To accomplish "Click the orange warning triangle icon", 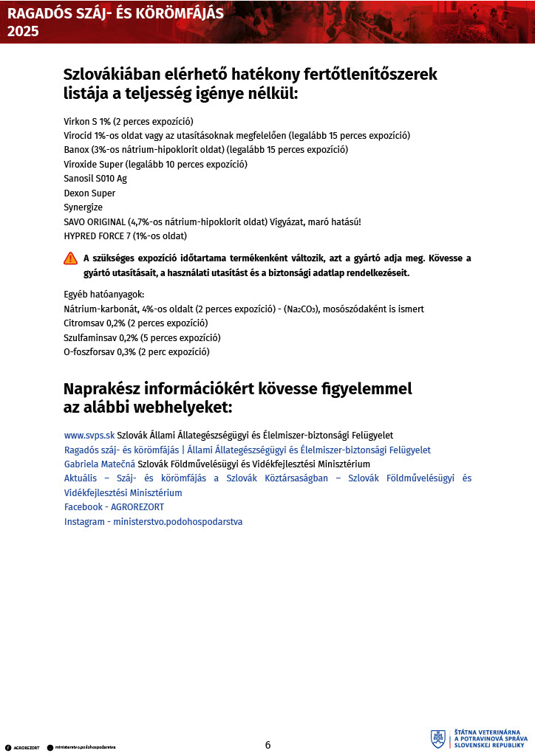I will tap(70, 258).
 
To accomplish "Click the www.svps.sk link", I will tap(89, 436).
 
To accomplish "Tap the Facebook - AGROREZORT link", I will tap(114, 507).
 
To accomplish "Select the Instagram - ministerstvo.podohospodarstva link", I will tap(153, 521).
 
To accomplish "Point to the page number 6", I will tap(267, 745).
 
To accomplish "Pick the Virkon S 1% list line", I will tap(129, 121).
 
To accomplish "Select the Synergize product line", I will tap(84, 207).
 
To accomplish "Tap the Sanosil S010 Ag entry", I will tap(95, 179).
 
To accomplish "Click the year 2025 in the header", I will tap(23, 32).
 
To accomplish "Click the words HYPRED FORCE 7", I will tap(97, 236).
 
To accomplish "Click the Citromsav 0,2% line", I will tap(136, 323).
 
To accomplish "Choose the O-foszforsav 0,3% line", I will tap(137, 352).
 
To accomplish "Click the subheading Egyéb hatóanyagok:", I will tap(104, 295).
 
